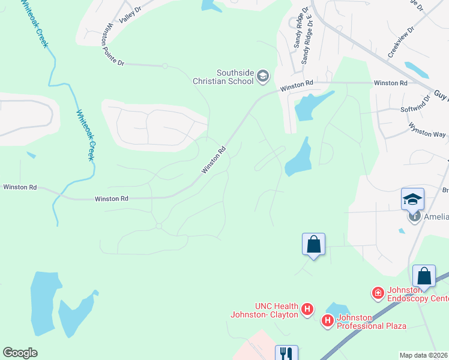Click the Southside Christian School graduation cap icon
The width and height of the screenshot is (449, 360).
tap(262, 76)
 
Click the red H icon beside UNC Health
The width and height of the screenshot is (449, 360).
tap(307, 310)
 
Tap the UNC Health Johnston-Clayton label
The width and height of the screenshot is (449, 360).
tap(265, 310)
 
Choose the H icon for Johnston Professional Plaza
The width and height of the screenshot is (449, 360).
tap(328, 321)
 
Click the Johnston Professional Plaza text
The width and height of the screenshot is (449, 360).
tap(371, 322)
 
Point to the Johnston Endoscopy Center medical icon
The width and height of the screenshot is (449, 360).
tap(378, 293)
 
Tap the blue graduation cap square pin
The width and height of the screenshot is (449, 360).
tap(412, 199)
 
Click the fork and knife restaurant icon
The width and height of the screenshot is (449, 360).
tap(286, 353)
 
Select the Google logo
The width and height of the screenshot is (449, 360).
tap(20, 353)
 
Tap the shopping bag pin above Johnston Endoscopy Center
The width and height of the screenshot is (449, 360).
tap(424, 276)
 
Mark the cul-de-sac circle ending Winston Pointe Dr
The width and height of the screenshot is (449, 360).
tap(164, 66)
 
